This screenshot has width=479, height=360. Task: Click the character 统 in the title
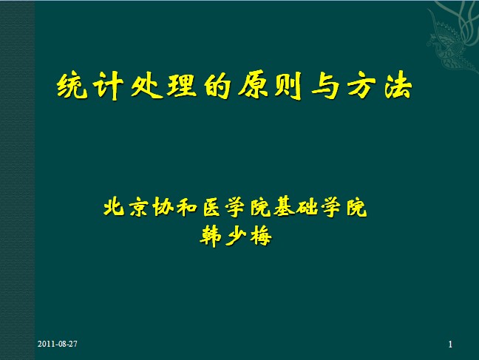click(72, 86)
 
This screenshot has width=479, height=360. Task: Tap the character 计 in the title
click(108, 86)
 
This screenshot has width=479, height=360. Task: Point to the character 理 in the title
click(181, 86)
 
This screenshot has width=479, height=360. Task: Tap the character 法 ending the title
click(398, 86)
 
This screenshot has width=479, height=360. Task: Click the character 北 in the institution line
click(114, 207)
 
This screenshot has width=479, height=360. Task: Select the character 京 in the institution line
click(138, 207)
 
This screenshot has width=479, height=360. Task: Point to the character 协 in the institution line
click(163, 207)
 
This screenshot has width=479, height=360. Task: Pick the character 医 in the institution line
click(211, 207)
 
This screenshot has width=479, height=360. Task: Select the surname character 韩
click(211, 237)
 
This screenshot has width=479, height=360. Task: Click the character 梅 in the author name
click(261, 237)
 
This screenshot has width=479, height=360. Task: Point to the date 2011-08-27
click(58, 344)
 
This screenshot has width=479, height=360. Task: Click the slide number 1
click(450, 344)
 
